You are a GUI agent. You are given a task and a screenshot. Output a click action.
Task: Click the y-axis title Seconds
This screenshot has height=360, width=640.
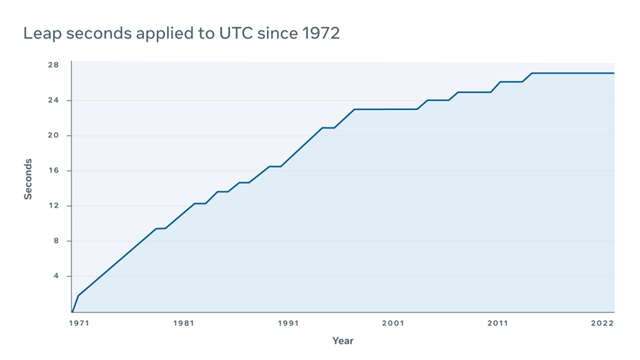tap(28, 179)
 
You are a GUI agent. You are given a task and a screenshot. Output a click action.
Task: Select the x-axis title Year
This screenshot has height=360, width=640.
tap(343, 340)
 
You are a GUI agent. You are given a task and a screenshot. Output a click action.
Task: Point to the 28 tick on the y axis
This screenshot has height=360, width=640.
tap(54, 65)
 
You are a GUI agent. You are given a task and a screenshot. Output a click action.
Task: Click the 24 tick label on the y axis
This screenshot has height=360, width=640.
tap(54, 100)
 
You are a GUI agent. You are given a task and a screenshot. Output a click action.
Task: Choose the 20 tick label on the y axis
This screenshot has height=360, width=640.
tap(54, 136)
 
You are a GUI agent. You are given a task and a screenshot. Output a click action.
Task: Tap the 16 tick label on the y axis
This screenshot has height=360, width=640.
tap(54, 171)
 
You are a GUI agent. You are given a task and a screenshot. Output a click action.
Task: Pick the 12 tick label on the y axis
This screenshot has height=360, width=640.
tap(54, 206)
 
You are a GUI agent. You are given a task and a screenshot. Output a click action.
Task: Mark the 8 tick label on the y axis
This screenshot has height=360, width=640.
tap(56, 241)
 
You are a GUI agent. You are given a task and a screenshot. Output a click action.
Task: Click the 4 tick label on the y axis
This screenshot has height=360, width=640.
tap(56, 276)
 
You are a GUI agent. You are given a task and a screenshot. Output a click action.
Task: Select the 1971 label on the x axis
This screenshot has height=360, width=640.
tap(79, 323)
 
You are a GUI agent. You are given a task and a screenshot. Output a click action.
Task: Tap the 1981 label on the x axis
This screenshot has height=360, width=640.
tap(184, 323)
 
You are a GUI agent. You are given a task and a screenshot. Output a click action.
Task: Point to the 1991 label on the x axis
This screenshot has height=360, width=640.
tap(288, 323)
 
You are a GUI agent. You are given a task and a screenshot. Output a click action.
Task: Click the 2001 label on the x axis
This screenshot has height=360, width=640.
tap(393, 323)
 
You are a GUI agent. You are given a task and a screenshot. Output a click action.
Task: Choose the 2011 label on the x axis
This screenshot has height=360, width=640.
tap(497, 323)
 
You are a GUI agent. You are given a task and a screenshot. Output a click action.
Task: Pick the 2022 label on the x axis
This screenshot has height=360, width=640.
tap(603, 323)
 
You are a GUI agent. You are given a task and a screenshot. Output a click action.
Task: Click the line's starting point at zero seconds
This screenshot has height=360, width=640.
tap(72, 312)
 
